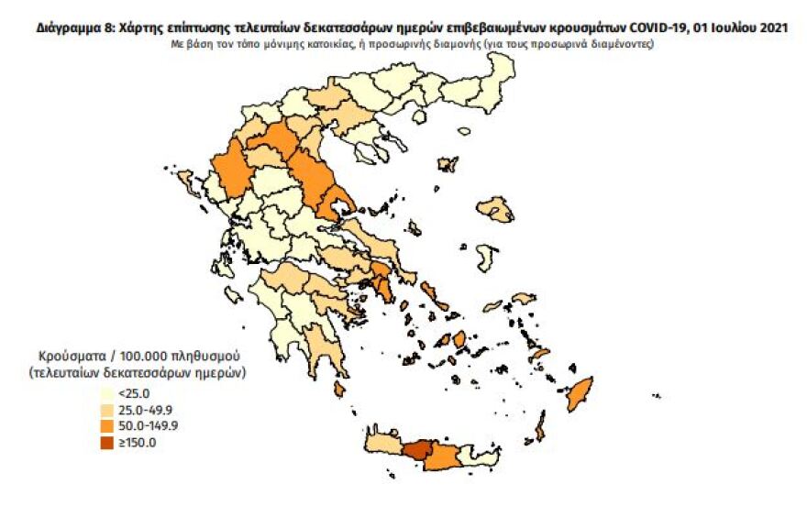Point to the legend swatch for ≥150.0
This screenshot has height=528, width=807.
[108, 444]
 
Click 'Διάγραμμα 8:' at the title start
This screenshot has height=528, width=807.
[77, 29]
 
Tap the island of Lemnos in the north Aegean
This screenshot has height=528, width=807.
[448, 165]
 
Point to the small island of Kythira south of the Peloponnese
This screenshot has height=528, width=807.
[340, 390]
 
